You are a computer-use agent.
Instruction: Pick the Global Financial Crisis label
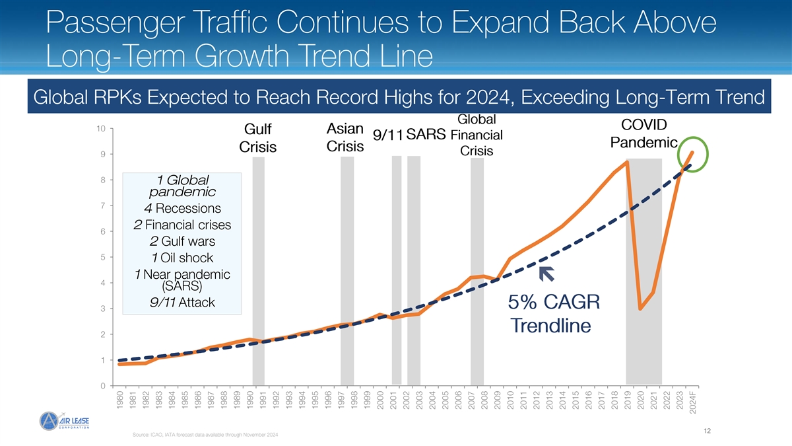click(477, 135)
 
